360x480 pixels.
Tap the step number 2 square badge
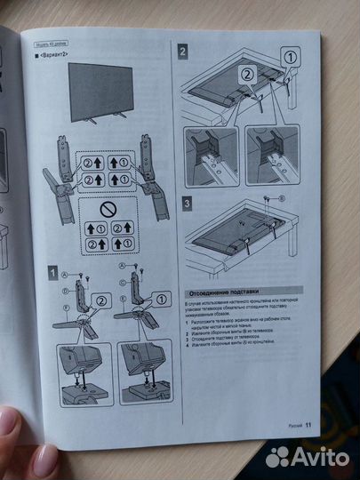[x=182, y=52]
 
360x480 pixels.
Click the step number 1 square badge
[x=53, y=273]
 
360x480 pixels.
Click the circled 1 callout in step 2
[x=290, y=57]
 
